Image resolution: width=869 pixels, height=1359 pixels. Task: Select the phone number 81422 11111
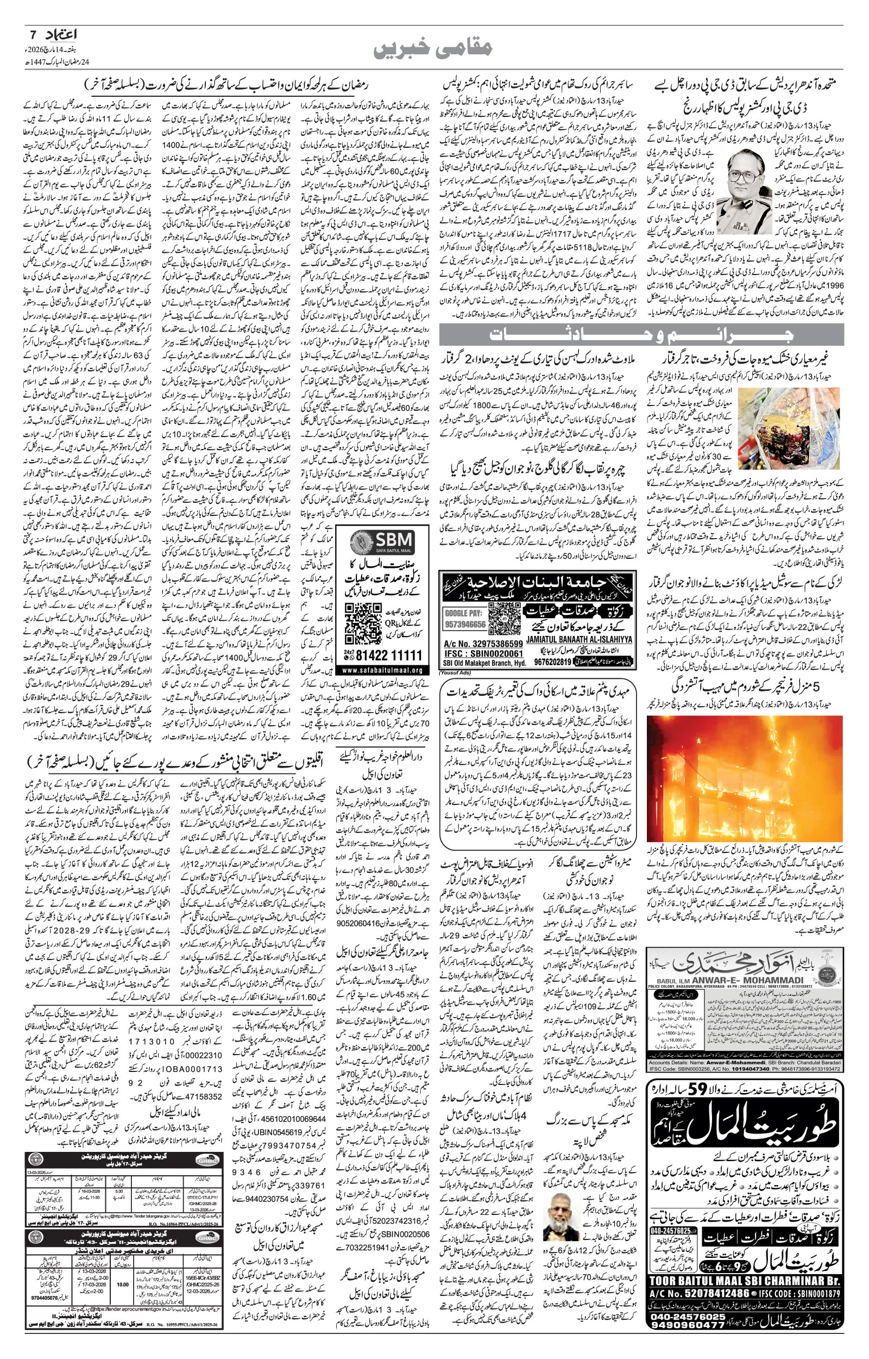click(x=381, y=656)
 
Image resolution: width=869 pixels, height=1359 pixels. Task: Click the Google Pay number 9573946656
click(x=465, y=625)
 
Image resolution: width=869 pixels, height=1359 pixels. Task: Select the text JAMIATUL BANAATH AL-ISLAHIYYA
click(x=578, y=640)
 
